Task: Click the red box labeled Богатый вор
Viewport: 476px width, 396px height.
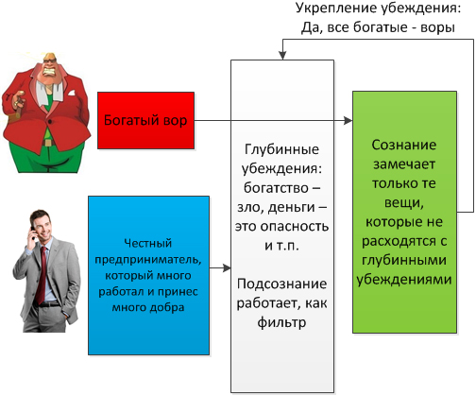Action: point(145,120)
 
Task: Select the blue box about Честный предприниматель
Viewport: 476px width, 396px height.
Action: point(148,275)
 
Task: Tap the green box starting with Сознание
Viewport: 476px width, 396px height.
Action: point(404,212)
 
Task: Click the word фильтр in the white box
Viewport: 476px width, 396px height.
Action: point(281,322)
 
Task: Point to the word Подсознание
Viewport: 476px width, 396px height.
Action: point(281,284)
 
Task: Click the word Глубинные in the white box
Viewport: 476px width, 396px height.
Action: point(281,149)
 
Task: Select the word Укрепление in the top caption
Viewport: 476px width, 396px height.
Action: point(336,9)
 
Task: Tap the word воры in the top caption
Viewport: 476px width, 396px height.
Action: point(437,27)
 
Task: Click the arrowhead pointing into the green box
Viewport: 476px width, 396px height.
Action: point(348,120)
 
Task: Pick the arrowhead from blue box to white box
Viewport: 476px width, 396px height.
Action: point(227,268)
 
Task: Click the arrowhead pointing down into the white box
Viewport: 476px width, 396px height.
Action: point(282,56)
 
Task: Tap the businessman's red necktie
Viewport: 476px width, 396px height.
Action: point(41,275)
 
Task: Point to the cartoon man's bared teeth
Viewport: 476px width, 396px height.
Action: point(51,73)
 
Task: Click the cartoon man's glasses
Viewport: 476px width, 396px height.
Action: point(49,60)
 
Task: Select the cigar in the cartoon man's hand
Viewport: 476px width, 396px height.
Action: point(18,105)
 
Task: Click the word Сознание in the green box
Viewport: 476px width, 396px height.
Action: point(404,145)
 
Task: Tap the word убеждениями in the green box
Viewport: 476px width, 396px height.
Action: point(404,280)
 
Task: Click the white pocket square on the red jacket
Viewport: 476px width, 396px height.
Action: point(72,93)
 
